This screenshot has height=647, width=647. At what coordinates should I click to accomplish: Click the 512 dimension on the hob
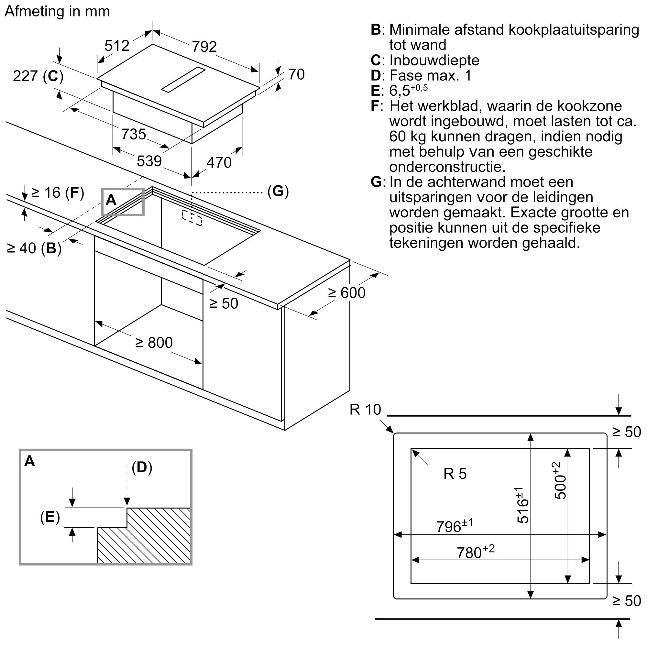coord(116,46)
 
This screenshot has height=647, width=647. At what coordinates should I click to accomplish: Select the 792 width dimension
coord(204,46)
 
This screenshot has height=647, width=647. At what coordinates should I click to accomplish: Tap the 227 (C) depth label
coord(38,76)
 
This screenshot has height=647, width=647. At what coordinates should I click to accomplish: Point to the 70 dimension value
coord(296,74)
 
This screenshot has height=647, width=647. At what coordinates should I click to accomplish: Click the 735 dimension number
coord(133,134)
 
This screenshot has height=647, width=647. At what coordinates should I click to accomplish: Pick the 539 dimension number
coord(149,161)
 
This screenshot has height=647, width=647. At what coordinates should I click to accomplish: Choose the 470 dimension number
coord(219,162)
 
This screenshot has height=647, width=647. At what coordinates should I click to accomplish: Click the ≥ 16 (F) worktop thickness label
coord(57,192)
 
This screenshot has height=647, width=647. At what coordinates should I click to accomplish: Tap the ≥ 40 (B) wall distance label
coord(34,248)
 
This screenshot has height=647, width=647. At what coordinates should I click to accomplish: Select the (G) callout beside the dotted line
coord(278,191)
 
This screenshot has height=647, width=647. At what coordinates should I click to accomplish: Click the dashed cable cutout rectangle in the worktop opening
coord(192,218)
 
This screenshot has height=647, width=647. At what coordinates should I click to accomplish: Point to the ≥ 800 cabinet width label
coord(154,343)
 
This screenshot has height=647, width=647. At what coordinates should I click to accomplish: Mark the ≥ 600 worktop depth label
coord(346,293)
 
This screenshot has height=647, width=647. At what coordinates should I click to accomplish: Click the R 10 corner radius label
coord(365,409)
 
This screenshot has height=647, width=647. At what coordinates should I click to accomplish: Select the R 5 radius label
coord(455,474)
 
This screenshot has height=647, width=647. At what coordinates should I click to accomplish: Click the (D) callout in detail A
coord(142,467)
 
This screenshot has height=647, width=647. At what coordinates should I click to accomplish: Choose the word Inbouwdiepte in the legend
coord(434,60)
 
